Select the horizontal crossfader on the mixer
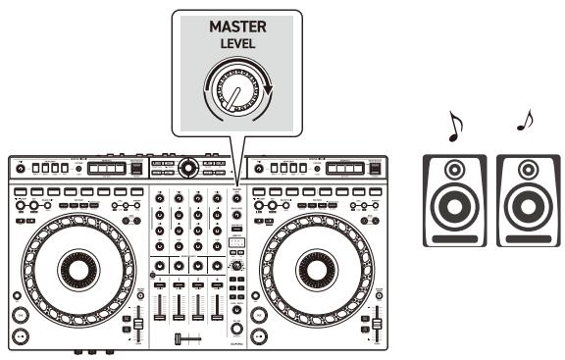[x=187, y=338]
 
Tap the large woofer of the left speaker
[x=452, y=209]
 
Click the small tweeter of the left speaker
[x=452, y=170]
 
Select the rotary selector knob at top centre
[x=187, y=168]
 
